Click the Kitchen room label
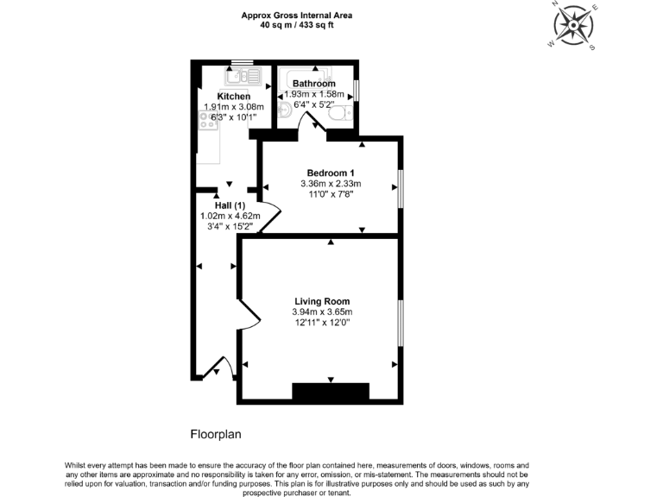click(234, 96)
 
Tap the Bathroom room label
click(313, 84)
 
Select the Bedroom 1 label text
click(330, 173)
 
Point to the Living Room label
click(321, 301)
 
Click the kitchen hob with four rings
click(209, 124)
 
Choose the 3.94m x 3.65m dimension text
click(321, 311)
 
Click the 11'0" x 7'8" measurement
click(330, 194)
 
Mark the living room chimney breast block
click(331, 392)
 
